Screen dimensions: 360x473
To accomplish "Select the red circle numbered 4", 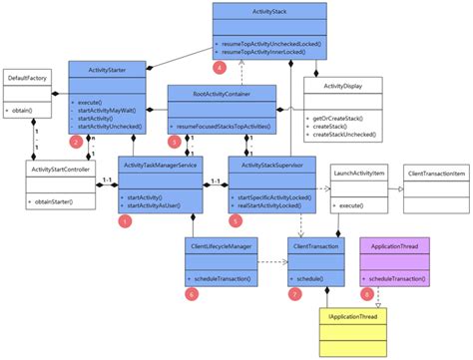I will point(219,67).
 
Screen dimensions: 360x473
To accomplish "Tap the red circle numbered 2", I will point(76,142).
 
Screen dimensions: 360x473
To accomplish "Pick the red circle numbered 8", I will point(367,293).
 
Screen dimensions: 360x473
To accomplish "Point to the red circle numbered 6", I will point(192,293).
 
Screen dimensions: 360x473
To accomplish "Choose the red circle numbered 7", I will point(294,293).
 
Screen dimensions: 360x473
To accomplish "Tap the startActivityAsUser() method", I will point(160,205).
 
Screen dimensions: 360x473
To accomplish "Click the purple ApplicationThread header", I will point(393,242).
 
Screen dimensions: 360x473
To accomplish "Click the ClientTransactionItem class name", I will point(435,175).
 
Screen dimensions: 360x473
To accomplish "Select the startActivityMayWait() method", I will point(108,110).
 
